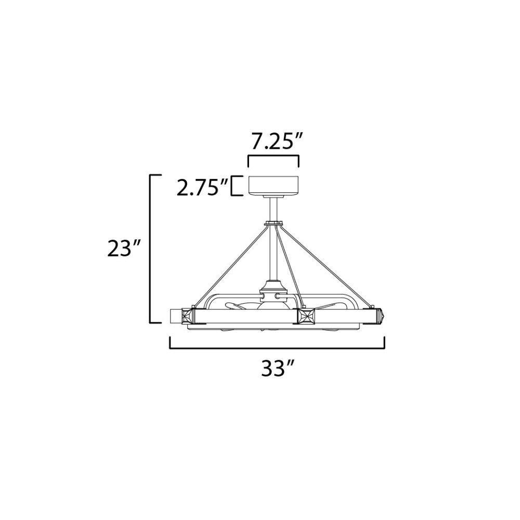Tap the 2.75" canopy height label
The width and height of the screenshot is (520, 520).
[202, 187]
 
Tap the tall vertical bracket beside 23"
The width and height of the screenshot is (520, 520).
[150, 249]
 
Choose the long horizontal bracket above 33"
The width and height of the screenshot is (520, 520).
[277, 348]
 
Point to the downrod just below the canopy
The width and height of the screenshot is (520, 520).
[274, 210]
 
